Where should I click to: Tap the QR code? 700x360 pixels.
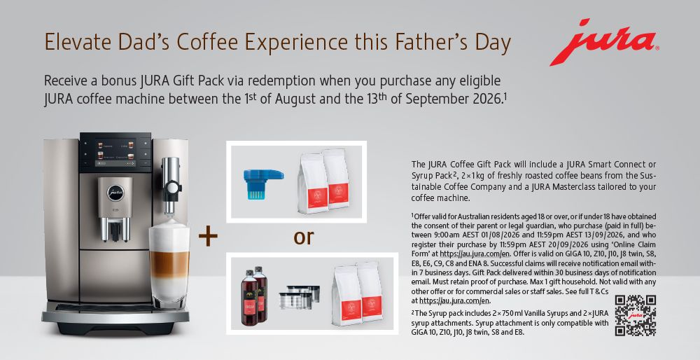point(636,315)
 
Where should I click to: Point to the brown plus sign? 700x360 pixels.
point(208,236)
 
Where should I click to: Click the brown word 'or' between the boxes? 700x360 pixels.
point(304,237)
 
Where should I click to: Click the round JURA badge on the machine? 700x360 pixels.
point(115,193)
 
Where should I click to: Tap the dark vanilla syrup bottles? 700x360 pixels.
point(254,296)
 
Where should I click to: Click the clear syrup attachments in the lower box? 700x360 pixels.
point(299,296)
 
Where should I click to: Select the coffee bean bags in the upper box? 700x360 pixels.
point(323,181)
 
